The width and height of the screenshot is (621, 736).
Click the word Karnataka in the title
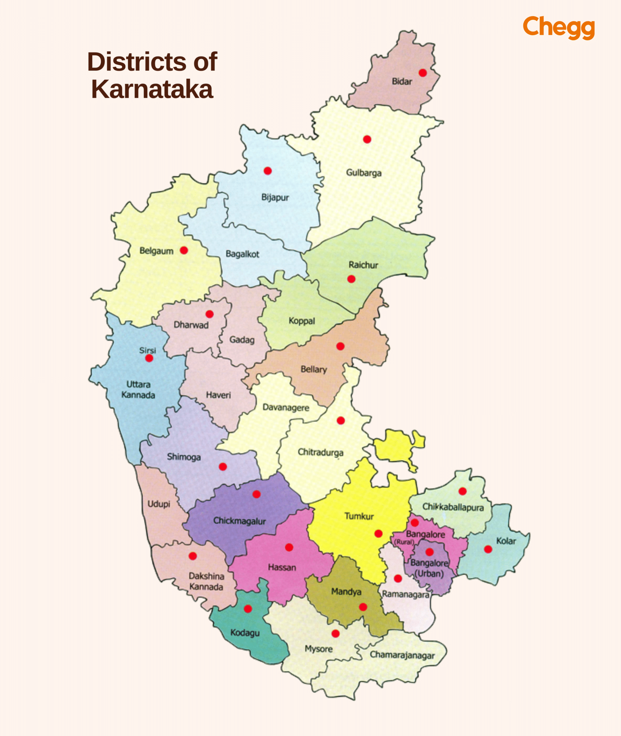(x=152, y=89)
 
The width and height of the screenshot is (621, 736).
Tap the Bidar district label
(x=402, y=82)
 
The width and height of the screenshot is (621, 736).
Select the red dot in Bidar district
(x=423, y=73)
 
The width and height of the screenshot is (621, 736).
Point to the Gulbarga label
(x=363, y=173)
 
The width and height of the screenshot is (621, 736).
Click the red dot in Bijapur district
(x=268, y=171)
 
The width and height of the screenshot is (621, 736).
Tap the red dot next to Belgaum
(x=184, y=250)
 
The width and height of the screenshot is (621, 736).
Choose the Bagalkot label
(x=242, y=254)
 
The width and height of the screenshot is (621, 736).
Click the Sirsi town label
(x=148, y=350)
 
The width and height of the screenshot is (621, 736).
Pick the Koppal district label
(x=302, y=321)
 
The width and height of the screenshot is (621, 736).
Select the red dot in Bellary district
(x=340, y=346)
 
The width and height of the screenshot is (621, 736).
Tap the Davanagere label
(x=286, y=408)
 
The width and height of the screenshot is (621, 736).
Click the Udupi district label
(x=159, y=504)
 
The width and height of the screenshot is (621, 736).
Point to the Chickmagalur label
(x=240, y=521)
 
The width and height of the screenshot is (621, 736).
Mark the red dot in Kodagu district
(x=248, y=608)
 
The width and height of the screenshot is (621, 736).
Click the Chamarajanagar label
(x=402, y=655)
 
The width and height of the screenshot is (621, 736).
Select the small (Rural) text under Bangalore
(x=404, y=542)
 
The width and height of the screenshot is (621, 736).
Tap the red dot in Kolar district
(x=488, y=549)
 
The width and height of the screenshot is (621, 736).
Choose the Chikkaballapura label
(x=453, y=507)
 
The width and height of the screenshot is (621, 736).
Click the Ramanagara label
(x=405, y=594)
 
